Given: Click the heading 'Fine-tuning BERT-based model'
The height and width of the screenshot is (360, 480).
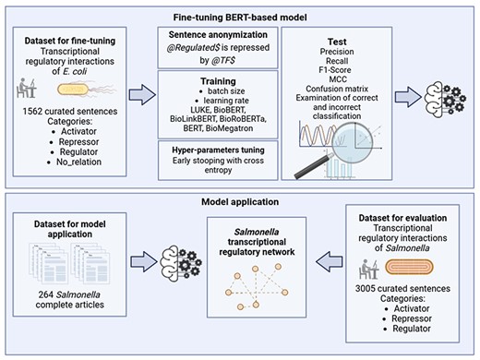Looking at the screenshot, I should click(241, 15).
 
